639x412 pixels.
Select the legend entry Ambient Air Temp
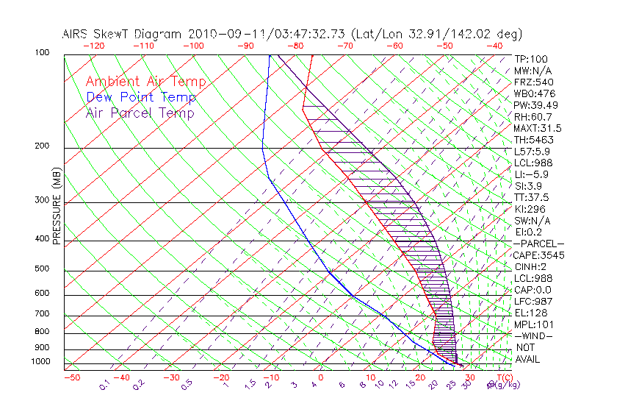tap(145, 82)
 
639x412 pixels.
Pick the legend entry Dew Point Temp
tap(141, 97)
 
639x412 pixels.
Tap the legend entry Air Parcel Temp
tap(140, 113)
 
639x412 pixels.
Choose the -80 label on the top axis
tap(296, 46)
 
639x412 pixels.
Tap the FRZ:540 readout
tap(534, 82)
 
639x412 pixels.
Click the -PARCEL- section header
tap(538, 244)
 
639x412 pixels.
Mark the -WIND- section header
tap(533, 335)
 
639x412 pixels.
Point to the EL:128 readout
tap(531, 313)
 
